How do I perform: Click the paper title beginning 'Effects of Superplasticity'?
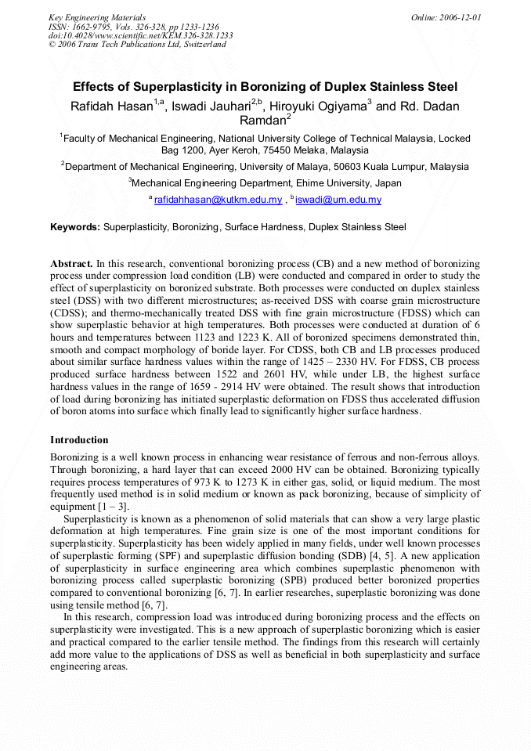[265, 87]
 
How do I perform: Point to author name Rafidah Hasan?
[110, 107]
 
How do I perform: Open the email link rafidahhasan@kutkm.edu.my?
[218, 200]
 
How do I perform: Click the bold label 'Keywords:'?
[75, 227]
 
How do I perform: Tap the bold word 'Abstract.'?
[72, 265]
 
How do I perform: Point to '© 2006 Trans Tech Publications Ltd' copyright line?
[137, 45]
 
